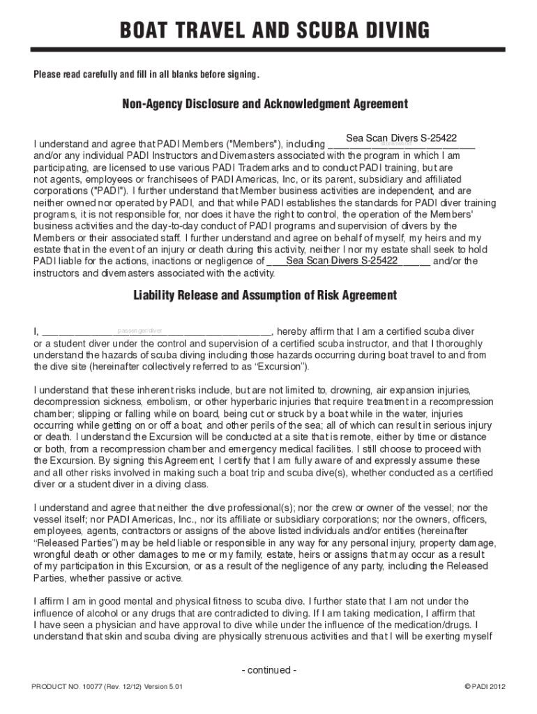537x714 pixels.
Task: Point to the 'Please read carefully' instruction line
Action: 146,75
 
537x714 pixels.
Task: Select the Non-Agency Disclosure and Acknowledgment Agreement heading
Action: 265,104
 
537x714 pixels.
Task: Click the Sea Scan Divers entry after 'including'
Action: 401,138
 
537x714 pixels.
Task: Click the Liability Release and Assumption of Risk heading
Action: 265,295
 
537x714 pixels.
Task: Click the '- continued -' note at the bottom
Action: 268,670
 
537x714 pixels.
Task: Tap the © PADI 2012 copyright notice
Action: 484,687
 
